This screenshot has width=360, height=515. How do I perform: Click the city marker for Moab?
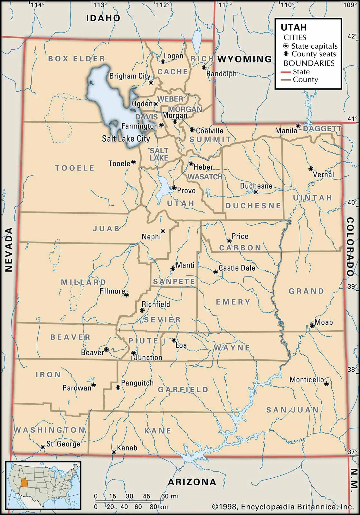point(312,326)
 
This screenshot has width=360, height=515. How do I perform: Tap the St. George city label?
point(63,444)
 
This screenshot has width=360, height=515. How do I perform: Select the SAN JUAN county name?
point(292,410)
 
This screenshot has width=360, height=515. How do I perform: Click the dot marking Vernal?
point(311,169)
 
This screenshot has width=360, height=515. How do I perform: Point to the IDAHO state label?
point(103,18)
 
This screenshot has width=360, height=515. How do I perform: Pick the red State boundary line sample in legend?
point(286,72)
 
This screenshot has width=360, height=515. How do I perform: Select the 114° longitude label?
point(38,5)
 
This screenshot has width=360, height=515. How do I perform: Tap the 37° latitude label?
point(352,452)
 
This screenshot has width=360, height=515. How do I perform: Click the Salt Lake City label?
point(126,139)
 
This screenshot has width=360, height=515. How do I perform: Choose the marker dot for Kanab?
point(114,452)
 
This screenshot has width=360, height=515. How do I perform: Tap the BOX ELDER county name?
point(77,59)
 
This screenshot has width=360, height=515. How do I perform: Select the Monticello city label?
point(306,380)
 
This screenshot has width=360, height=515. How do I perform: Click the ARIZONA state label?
point(192,482)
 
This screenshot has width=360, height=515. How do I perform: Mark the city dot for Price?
point(229,241)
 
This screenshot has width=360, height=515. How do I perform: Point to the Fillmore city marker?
point(127,295)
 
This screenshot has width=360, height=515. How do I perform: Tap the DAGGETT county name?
point(322,129)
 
